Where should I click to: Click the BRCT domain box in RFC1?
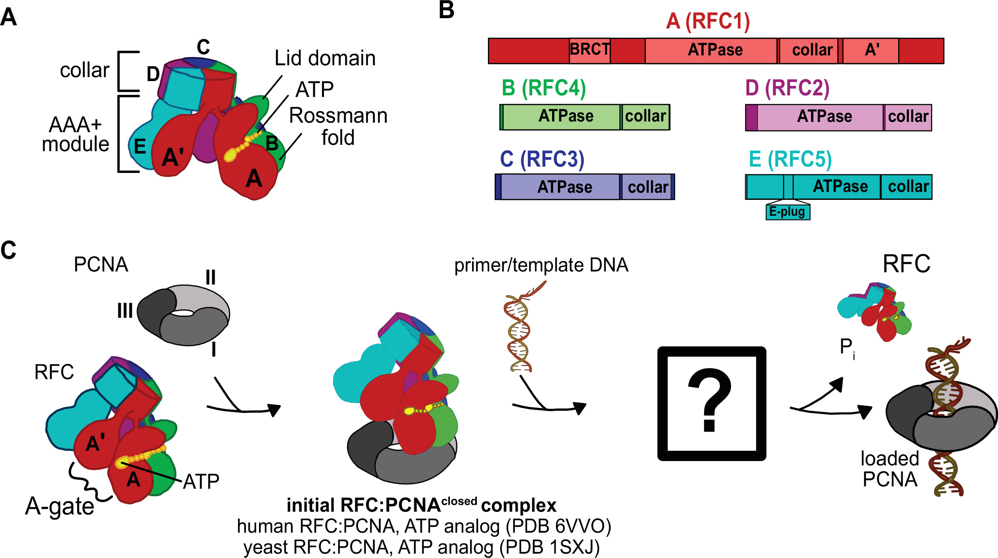tap(589, 50)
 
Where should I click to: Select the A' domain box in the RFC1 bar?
tap(870, 50)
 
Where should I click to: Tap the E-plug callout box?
tap(787, 212)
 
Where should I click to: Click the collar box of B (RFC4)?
tap(645, 117)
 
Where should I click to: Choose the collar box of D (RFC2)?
tap(908, 117)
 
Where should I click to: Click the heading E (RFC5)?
tap(790, 159)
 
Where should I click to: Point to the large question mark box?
tap(712, 403)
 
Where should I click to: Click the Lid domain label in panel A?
tap(325, 59)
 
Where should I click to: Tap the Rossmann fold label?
tap(338, 127)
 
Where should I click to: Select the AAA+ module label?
tap(75, 135)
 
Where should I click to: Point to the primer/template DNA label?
tap(541, 265)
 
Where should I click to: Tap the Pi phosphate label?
tap(847, 348)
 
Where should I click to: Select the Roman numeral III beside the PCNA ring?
tap(125, 311)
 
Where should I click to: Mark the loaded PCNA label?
tap(890, 469)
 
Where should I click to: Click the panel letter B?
tap(446, 10)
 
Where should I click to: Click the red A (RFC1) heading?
tap(708, 21)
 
